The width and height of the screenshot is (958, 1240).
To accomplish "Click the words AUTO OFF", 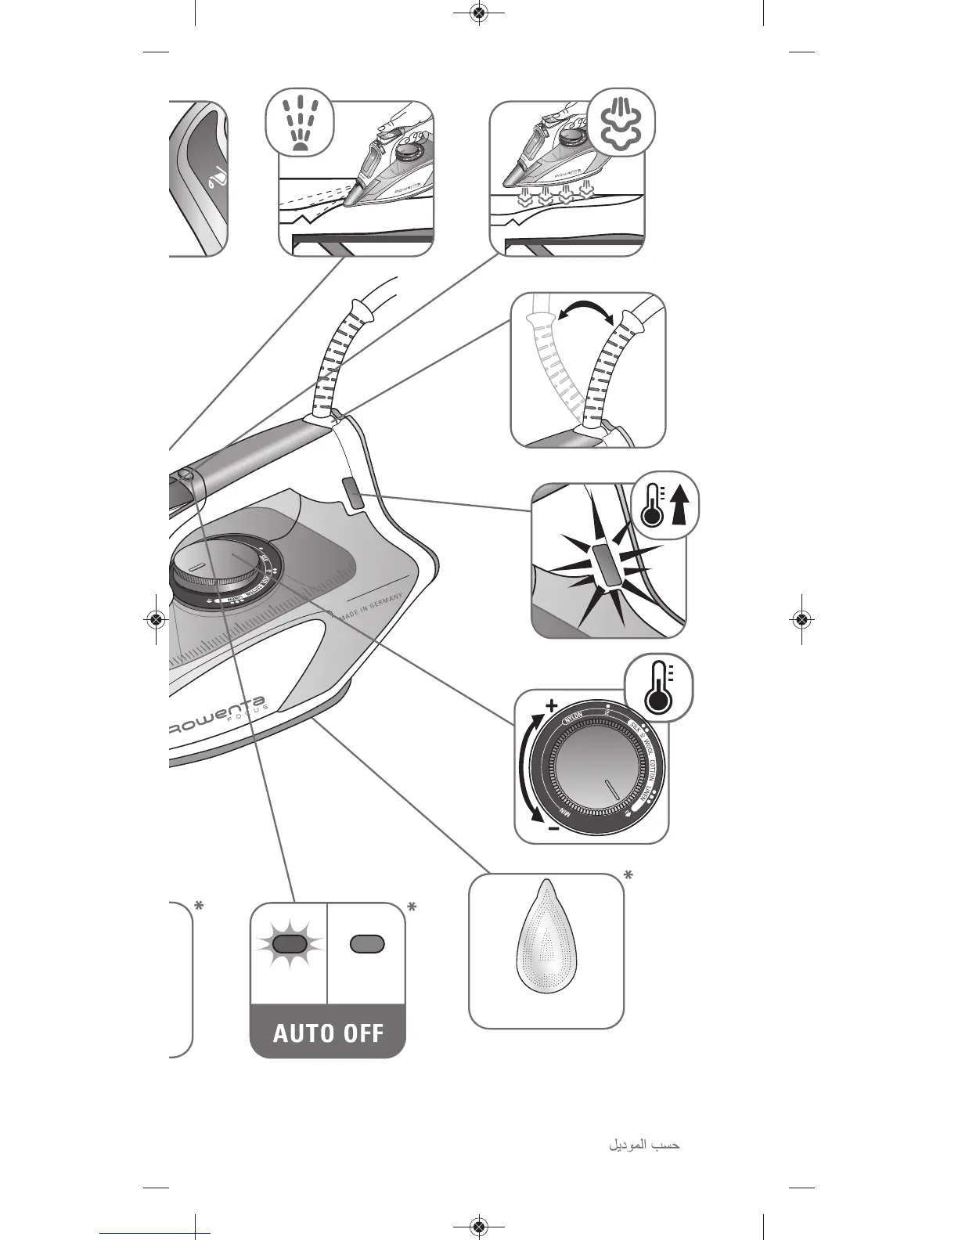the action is point(328,1033).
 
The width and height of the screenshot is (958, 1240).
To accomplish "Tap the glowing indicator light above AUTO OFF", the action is point(290,943).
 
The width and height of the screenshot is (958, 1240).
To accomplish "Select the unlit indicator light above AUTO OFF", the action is point(367,943).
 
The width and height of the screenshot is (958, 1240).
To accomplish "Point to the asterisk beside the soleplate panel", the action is point(627,874).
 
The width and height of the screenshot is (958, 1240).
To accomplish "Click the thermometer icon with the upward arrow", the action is point(664,506).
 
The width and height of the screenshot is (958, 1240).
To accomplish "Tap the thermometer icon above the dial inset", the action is point(658,687).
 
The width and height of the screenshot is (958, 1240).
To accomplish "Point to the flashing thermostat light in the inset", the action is point(607,564).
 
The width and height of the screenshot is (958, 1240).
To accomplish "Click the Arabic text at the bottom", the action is point(644,1145).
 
